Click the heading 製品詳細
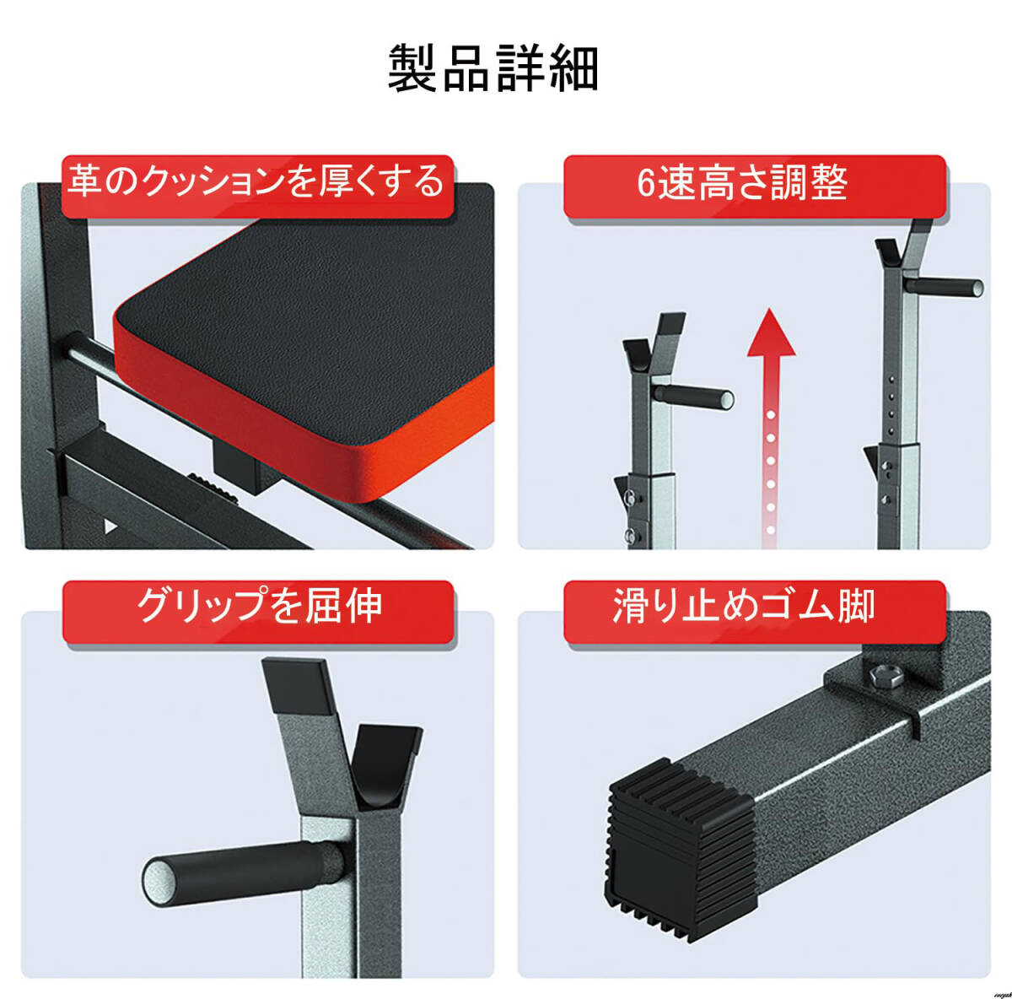(x=493, y=69)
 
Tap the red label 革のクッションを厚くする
(x=257, y=186)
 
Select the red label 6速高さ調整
(x=755, y=186)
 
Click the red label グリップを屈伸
(x=257, y=612)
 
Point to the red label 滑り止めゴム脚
(x=755, y=612)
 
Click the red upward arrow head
(x=771, y=332)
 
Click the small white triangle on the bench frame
(x=110, y=526)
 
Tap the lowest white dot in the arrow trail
(x=771, y=530)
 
